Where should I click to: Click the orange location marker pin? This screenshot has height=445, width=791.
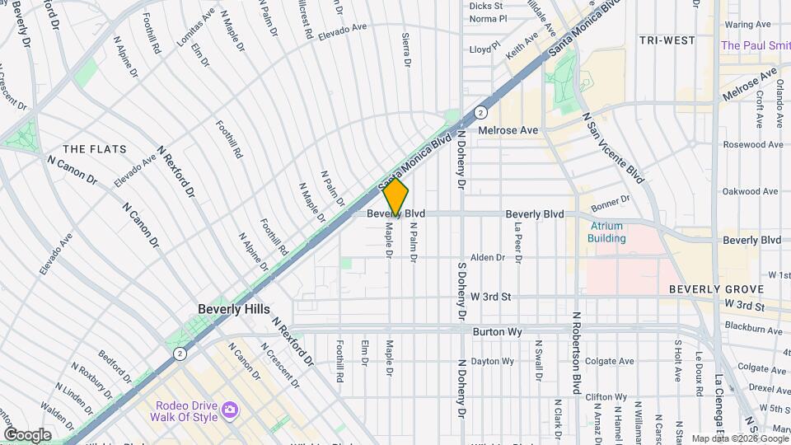396,199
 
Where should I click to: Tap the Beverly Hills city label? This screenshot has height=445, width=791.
233,309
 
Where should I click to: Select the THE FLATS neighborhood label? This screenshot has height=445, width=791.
95,149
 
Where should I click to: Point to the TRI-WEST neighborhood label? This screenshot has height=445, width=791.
667,40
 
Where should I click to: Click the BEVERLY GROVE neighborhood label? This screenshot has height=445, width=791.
716,289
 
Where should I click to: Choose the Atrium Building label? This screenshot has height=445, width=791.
607,232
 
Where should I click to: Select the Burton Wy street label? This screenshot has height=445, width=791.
494,331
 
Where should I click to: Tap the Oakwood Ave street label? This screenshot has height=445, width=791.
751,191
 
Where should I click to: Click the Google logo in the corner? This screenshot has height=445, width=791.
27,434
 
